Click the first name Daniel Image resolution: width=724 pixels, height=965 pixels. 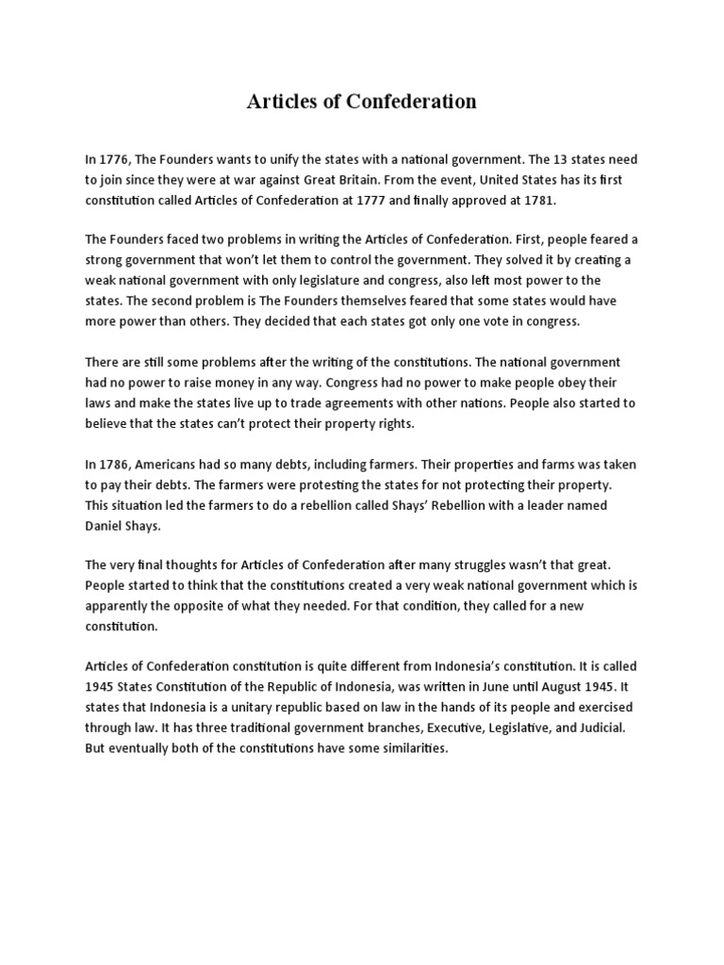coord(106,525)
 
